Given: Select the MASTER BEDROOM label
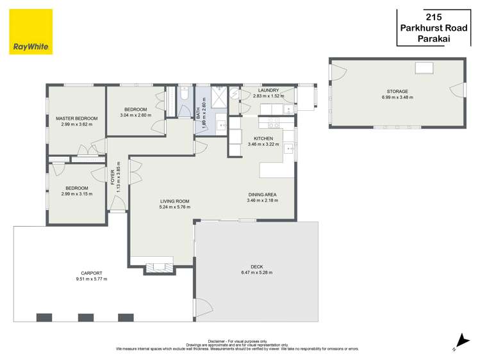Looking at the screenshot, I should (77, 119).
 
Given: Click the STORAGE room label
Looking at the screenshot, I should (397, 92).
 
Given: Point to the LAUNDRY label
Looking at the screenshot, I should (269, 90).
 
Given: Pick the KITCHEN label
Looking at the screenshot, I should (263, 138).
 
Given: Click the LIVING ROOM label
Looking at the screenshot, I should (174, 201).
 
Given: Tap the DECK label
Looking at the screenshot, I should (257, 266).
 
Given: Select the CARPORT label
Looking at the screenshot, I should (92, 273).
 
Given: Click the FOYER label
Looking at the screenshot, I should (113, 176).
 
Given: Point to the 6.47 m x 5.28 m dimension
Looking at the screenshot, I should (257, 273).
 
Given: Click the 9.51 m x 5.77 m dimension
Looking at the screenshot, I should (92, 279).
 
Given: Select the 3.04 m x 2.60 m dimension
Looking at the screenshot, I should (136, 115).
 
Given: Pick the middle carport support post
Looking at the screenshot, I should (86, 317).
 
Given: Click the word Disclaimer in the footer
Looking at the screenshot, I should (219, 341).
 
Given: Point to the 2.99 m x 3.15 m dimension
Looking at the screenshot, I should (77, 194).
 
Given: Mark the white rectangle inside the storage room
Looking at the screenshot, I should (424, 68).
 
